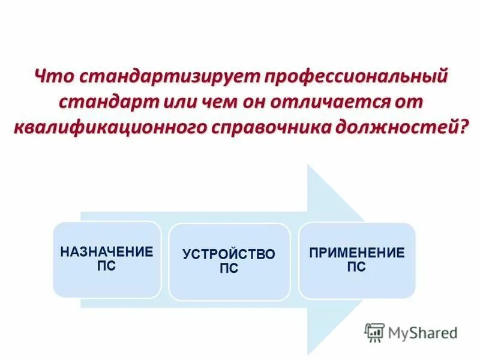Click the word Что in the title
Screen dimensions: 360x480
[x=54, y=77]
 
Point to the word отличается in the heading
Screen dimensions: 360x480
[x=327, y=102]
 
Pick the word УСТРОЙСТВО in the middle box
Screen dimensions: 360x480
[x=229, y=254]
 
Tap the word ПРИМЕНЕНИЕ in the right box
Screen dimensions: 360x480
[x=356, y=253]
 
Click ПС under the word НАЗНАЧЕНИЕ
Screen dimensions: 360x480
[x=106, y=265]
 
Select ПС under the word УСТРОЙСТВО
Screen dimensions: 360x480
[x=229, y=268]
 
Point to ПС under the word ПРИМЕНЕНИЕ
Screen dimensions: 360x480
[x=356, y=266]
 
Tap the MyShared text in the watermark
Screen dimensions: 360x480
[x=423, y=332]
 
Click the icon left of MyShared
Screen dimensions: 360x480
[x=374, y=332]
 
